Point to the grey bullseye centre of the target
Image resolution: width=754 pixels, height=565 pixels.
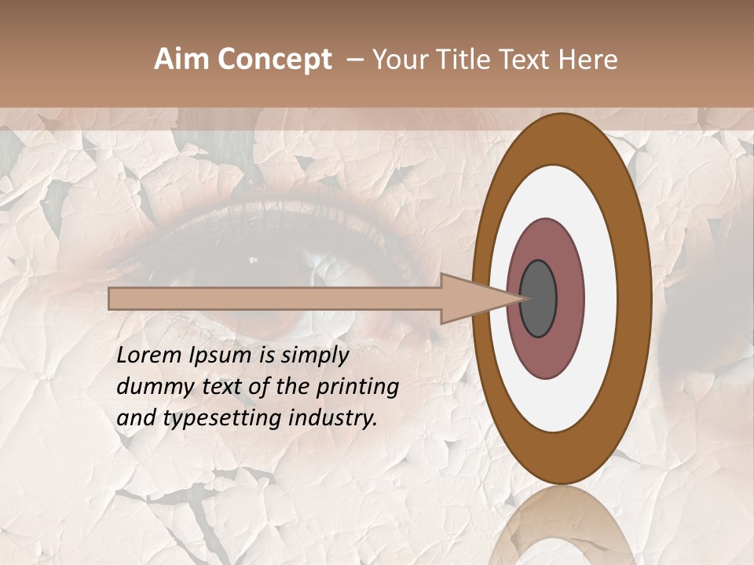click(x=539, y=299)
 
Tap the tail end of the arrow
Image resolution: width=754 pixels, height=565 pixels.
click(x=111, y=299)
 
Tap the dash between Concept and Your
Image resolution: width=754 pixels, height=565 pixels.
click(x=354, y=60)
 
